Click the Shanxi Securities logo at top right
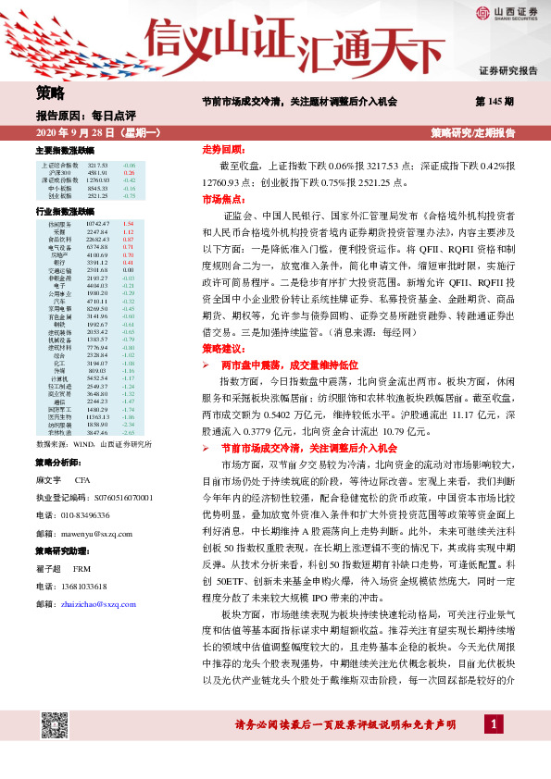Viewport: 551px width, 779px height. tap(507, 12)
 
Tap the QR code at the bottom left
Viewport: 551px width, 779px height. tap(55, 725)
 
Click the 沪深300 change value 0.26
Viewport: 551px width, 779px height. tap(130, 172)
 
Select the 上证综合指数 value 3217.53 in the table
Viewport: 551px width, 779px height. tap(98, 164)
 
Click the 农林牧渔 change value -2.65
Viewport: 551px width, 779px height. tap(129, 432)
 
